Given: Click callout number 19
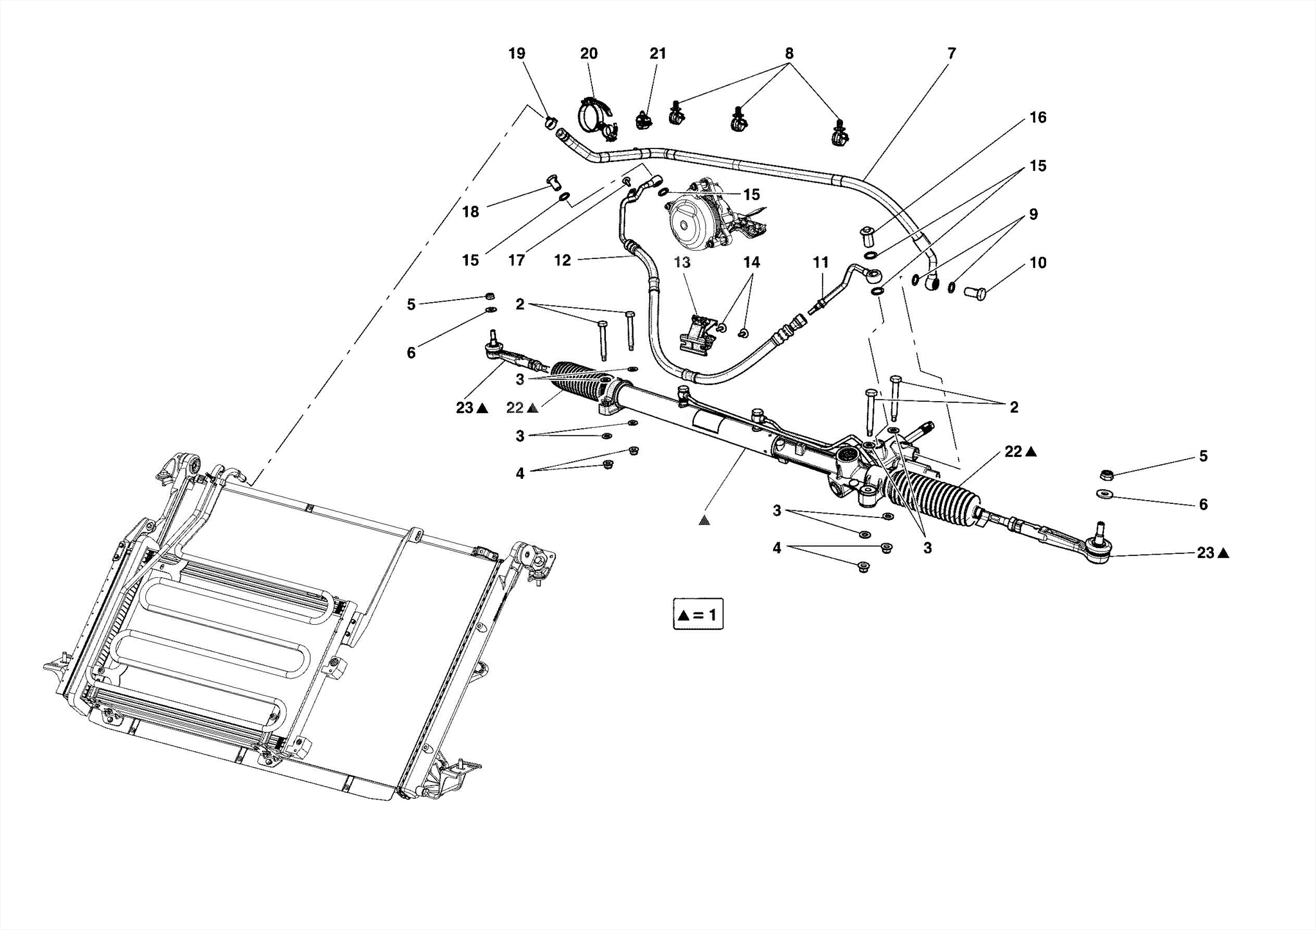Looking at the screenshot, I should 517,53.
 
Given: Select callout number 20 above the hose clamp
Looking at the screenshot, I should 589,53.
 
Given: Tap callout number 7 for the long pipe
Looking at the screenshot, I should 952,53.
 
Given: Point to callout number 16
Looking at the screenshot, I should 1038,117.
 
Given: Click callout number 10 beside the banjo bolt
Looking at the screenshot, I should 1038,262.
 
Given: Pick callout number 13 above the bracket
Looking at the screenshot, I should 682,262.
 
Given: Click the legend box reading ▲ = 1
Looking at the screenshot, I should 698,615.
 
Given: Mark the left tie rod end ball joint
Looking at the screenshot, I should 493,349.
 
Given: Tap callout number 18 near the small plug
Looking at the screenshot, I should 470,211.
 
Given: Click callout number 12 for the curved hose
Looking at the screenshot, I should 562,260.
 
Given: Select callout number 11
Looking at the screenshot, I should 821,262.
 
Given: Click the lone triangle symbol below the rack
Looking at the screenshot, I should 704,521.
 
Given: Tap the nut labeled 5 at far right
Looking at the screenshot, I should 1107,476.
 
